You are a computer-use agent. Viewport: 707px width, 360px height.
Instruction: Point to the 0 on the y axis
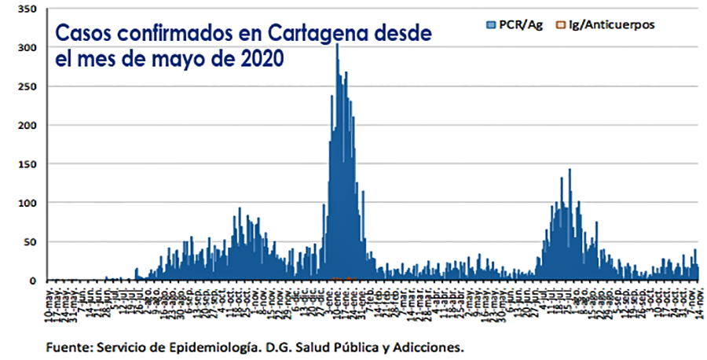[x=32, y=280]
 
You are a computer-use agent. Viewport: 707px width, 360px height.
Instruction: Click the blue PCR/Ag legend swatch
[x=491, y=25]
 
